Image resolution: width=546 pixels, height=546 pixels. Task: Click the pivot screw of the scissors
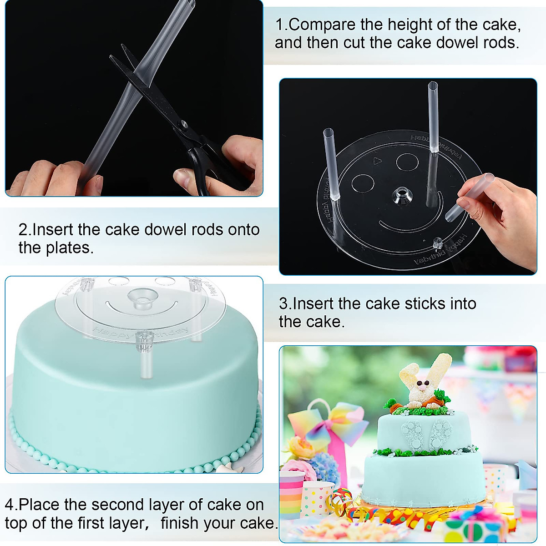pos(183,124)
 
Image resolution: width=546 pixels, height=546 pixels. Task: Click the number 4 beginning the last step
pos(9,505)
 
